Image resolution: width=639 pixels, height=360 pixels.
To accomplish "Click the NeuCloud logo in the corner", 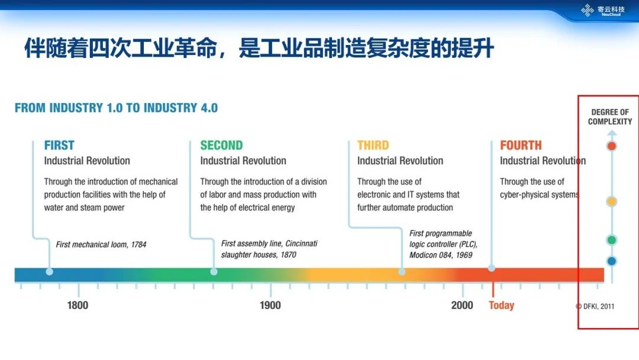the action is point(603,10).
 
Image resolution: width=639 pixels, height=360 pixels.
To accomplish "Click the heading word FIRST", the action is point(60,145).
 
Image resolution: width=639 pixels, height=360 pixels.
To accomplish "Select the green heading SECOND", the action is point(221,145).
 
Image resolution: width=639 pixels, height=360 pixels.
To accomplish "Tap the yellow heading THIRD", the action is point(373,145).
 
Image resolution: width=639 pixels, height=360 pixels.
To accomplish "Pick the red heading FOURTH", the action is point(521,145).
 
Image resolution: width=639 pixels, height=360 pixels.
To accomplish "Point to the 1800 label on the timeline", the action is point(78,306).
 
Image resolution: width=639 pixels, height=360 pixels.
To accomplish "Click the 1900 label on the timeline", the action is point(270,306).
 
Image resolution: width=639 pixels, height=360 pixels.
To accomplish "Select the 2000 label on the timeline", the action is point(462,306).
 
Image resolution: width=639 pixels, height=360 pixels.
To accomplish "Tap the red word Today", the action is point(502,306).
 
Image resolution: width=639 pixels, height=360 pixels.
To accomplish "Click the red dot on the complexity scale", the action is point(612,146).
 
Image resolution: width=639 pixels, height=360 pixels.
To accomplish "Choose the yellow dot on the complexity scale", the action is point(612,201).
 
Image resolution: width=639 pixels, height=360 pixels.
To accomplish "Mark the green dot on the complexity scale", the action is point(612,240).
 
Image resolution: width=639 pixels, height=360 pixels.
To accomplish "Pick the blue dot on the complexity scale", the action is point(612,261).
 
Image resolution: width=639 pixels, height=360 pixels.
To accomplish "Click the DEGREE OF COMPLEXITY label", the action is point(610,117).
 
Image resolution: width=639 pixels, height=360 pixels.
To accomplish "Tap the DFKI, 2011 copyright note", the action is point(595,306).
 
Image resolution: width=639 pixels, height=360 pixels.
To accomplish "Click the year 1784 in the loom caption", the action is point(138,245).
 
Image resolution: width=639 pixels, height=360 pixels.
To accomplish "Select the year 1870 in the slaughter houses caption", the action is point(289,255).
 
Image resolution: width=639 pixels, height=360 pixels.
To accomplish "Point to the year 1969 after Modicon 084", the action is point(464,255).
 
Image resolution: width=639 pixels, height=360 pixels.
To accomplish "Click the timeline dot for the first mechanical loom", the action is point(49,272).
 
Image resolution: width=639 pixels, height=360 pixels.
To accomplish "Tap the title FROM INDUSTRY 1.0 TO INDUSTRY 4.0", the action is point(116,108).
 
